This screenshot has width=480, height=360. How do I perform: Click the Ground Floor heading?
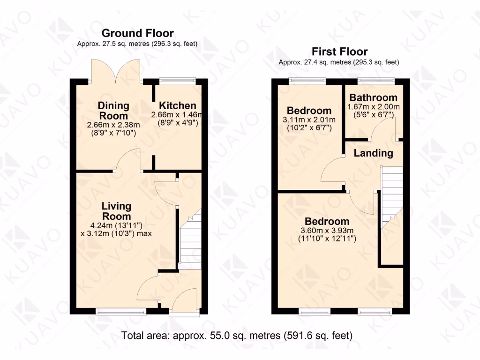(x=137, y=33)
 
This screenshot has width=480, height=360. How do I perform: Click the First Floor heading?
(x=340, y=52)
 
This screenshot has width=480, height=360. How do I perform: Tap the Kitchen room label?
(x=177, y=105)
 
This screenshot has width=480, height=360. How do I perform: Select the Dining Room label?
(x=113, y=111)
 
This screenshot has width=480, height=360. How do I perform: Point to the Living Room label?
(x=117, y=211)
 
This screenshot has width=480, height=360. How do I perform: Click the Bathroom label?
(x=373, y=98)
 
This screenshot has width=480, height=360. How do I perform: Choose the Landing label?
(x=373, y=153)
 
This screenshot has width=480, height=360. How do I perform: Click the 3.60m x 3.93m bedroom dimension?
(x=327, y=230)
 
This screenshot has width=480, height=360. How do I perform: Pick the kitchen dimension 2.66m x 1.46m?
(x=177, y=115)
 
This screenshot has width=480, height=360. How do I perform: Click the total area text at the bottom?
(x=237, y=336)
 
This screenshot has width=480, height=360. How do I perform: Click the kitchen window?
(x=177, y=81)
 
